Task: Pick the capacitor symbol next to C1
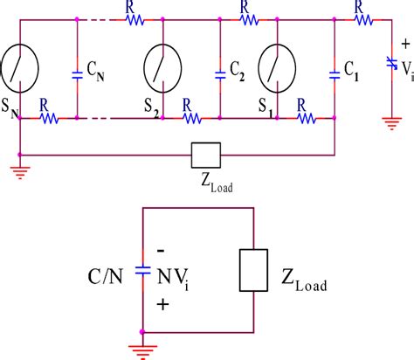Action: pos(335,70)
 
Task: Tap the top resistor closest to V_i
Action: pos(358,17)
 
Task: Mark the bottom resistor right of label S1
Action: pos(306,116)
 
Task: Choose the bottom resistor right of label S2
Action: pos(189,116)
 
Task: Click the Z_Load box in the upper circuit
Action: pos(205,155)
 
